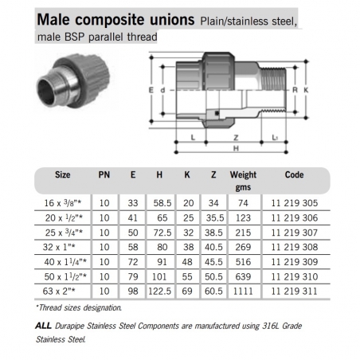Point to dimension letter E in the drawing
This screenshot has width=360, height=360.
[152, 92]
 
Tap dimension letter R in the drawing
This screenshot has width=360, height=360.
[296, 92]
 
